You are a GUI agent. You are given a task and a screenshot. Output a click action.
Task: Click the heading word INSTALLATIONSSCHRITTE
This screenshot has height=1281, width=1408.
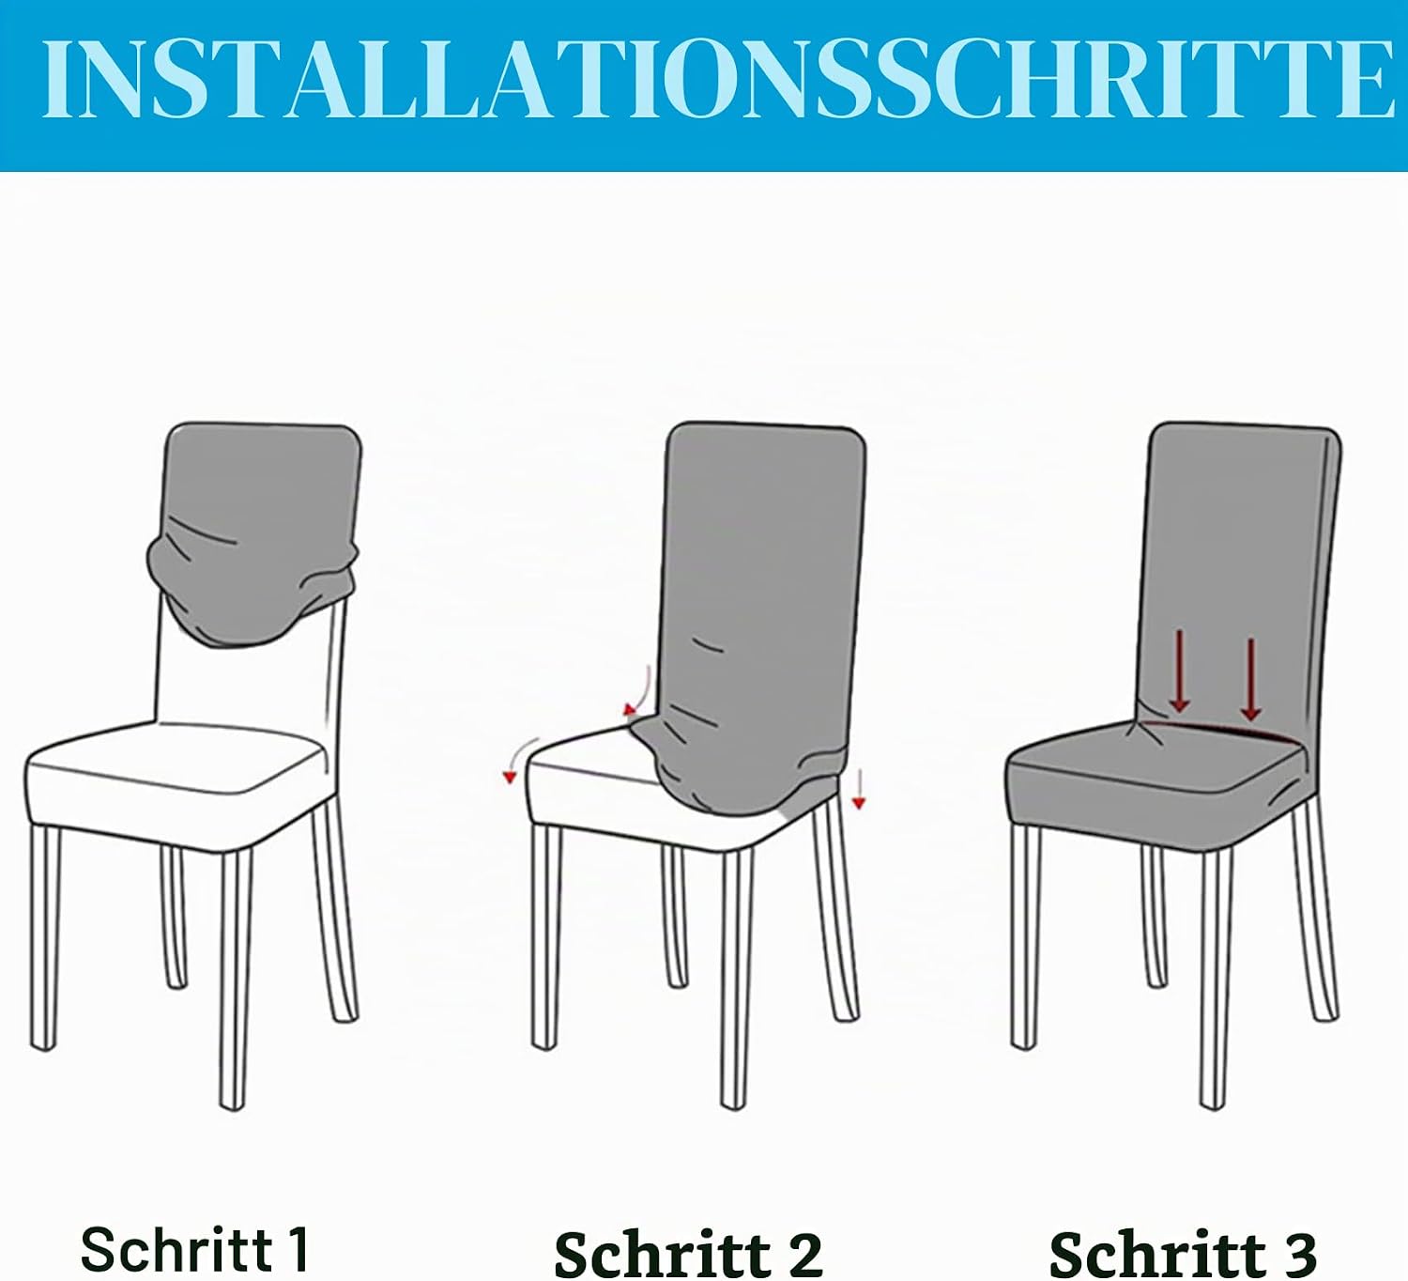pos(718,79)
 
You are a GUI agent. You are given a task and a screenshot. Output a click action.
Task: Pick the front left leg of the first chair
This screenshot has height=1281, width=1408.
pos(44,937)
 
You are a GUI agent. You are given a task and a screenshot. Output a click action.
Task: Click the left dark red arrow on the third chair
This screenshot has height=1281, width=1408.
pos(1179,671)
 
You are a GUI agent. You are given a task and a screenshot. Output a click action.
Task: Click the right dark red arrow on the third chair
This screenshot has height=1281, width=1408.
pos(1250,679)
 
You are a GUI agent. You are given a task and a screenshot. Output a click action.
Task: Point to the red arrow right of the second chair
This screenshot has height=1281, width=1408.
pos(859,789)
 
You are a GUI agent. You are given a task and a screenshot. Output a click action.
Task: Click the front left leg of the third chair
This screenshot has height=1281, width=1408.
pos(1025,937)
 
